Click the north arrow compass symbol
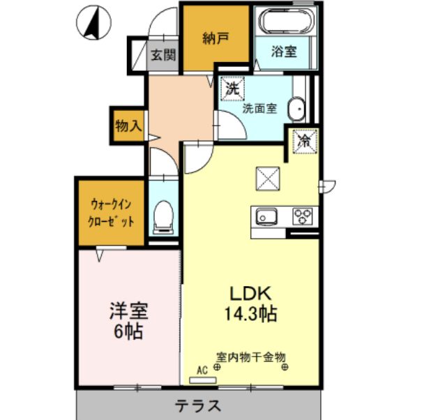93,23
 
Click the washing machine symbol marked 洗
232,89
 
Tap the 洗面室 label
259,109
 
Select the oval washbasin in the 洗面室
297,109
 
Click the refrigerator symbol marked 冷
305,140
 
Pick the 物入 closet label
128,126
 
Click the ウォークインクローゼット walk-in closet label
112,212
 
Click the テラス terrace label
198,405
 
